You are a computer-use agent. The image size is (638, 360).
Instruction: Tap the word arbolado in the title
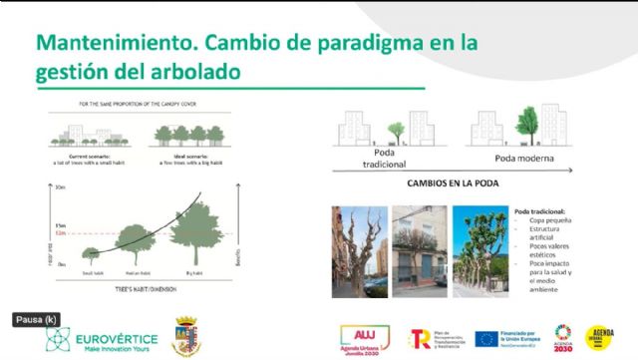point(189,73)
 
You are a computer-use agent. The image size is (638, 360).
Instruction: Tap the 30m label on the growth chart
point(62,186)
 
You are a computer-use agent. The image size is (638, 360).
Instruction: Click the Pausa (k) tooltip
point(37,320)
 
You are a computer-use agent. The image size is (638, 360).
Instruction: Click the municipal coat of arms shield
point(186,336)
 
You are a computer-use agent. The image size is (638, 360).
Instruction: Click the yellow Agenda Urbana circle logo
point(601,337)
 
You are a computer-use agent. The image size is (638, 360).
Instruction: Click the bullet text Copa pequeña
point(551,221)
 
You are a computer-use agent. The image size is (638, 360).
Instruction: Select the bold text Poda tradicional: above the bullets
point(544,211)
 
